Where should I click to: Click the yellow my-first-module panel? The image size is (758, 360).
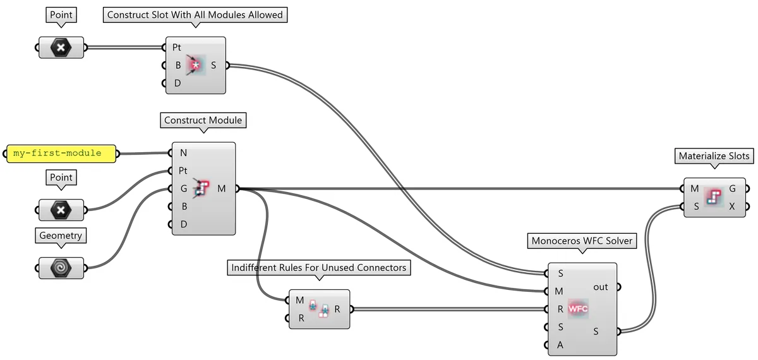(61, 153)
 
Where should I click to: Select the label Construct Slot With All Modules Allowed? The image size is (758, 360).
(195, 15)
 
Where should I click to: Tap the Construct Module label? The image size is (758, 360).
(203, 120)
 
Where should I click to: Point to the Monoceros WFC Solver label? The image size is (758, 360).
(582, 241)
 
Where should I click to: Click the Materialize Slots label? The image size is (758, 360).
(714, 155)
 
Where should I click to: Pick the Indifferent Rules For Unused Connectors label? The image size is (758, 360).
(318, 268)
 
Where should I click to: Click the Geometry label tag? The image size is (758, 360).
(61, 236)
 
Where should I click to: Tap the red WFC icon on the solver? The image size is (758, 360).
(578, 309)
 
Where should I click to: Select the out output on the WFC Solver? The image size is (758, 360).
(600, 287)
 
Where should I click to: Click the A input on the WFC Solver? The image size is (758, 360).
(558, 344)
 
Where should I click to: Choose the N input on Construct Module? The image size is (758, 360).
(183, 152)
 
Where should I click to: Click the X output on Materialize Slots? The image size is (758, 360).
(732, 206)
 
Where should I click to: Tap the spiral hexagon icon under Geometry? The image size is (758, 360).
(61, 267)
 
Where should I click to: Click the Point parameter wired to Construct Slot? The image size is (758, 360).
(61, 47)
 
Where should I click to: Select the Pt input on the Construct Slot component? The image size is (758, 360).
(177, 47)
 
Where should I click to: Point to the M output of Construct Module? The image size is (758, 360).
(222, 188)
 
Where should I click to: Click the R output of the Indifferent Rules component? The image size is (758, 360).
(337, 309)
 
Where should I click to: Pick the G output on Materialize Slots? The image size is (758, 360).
(732, 188)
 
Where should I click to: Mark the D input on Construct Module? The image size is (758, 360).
(183, 224)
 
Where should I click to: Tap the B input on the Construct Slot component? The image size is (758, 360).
(177, 64)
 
